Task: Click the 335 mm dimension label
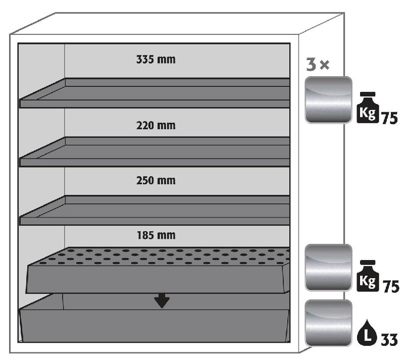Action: [156, 59]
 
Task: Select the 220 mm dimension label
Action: [156, 126]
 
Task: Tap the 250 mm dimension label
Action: [156, 180]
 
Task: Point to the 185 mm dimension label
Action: [156, 235]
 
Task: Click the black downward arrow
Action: [162, 300]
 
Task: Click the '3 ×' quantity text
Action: [318, 65]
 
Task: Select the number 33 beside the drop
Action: [389, 340]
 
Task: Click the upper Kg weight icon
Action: [368, 107]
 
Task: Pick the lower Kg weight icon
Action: [368, 276]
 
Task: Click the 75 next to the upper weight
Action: [389, 118]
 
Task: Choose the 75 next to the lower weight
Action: [390, 287]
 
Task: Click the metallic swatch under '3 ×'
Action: [328, 100]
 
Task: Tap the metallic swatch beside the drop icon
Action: [328, 323]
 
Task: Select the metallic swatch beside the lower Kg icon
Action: [328, 268]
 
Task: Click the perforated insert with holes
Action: [158, 270]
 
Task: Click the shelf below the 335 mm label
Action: [155, 93]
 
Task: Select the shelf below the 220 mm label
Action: [155, 151]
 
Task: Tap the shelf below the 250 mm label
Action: [155, 210]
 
